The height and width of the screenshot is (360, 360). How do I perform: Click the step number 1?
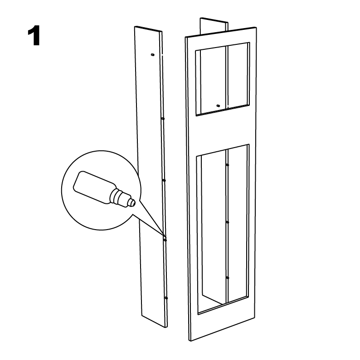34,36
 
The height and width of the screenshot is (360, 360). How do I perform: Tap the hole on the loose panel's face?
152,55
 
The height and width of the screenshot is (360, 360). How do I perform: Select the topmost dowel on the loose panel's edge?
163,119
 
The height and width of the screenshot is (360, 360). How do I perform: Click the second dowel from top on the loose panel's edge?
164,181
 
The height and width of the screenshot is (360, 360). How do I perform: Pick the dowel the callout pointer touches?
165,240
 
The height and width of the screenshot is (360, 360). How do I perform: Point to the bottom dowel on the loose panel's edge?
166,298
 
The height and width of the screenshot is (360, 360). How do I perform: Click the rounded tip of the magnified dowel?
132,202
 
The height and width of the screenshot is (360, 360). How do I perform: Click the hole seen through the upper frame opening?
218,106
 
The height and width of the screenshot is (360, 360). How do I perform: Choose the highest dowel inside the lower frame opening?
227,165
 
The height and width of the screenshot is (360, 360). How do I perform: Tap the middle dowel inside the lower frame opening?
227,222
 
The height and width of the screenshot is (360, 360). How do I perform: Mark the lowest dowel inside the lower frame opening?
227,278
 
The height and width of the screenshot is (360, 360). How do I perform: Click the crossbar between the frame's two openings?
223,130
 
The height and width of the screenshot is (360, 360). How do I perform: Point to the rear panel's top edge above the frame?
214,20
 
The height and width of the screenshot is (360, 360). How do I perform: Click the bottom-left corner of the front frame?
190,341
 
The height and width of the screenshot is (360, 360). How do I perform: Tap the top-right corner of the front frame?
256,27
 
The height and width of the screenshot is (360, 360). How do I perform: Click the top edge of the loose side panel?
149,29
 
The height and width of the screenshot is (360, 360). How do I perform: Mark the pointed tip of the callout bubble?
165,236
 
